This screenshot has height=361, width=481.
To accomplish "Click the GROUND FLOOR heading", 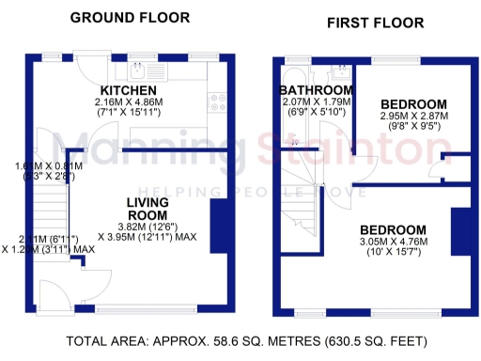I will click(130, 18).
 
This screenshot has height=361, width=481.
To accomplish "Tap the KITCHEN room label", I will click(130, 90).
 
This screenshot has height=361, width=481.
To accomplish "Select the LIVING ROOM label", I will click(148, 208).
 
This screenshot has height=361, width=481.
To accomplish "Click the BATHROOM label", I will click(315, 90).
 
